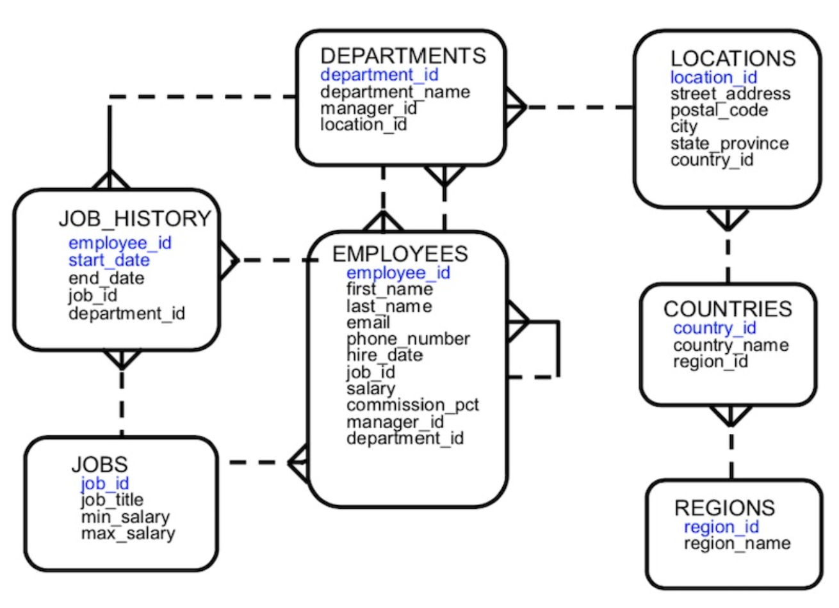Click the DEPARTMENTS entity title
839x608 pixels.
(x=403, y=56)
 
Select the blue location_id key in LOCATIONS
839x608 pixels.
(x=713, y=77)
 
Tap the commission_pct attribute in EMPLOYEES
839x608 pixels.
(x=412, y=405)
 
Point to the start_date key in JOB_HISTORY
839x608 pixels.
(x=109, y=260)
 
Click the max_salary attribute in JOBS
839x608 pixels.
(x=127, y=533)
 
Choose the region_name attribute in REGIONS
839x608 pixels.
(x=737, y=543)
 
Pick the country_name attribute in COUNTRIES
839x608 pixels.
(x=731, y=346)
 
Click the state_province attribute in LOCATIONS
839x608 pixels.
(x=729, y=143)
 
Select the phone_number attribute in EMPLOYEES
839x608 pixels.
(x=408, y=339)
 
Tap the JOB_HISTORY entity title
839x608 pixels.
(x=134, y=219)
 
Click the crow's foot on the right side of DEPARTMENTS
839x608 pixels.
(x=515, y=108)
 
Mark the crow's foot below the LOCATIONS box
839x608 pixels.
(x=728, y=220)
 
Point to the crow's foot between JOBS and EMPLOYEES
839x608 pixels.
(x=298, y=462)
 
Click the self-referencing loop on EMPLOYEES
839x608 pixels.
(x=557, y=349)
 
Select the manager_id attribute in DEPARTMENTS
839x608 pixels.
(x=368, y=108)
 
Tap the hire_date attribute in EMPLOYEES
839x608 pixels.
(x=384, y=355)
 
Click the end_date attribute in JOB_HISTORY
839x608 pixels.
(x=106, y=278)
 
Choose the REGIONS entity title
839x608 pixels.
(x=724, y=508)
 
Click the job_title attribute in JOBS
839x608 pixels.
(x=112, y=500)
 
